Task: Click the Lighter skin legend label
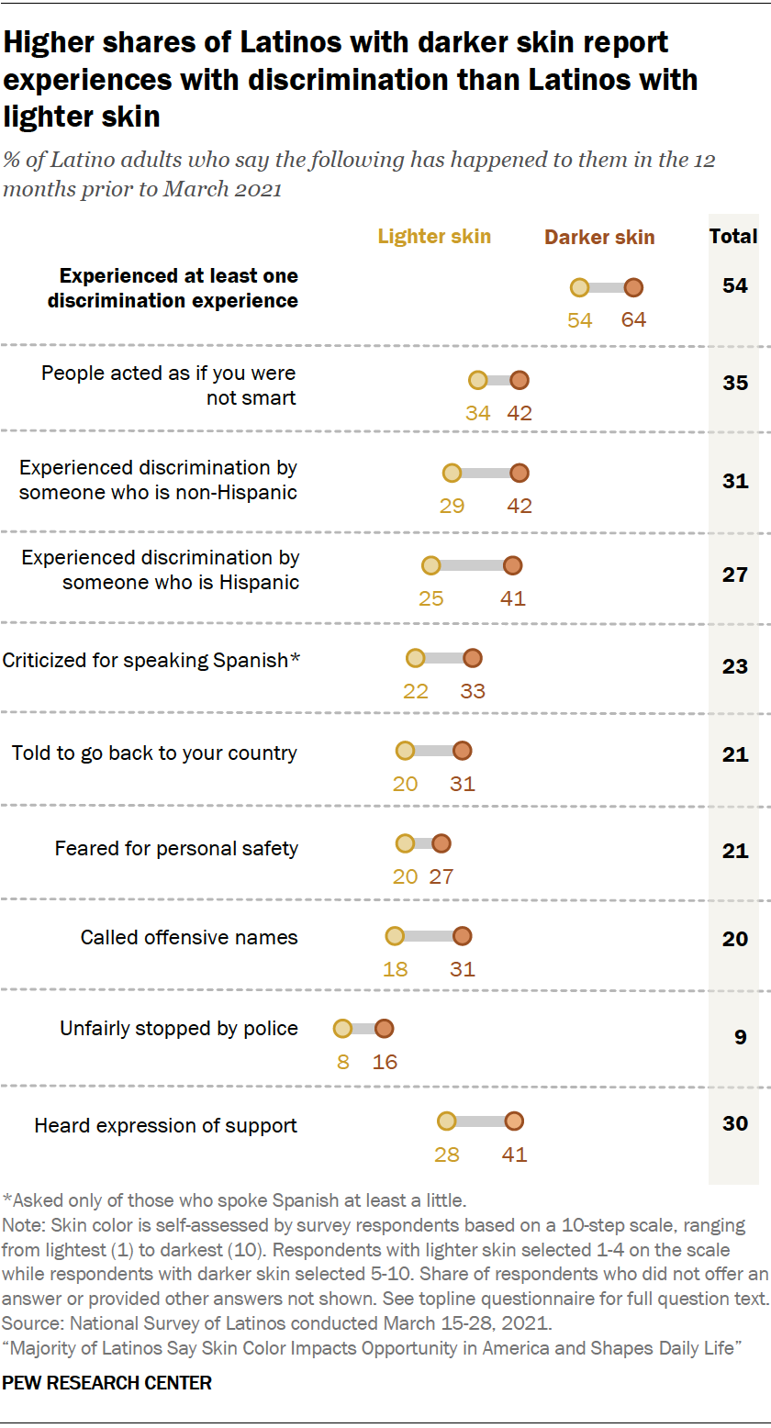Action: (x=434, y=237)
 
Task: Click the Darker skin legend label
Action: (x=599, y=238)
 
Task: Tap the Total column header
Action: (x=733, y=237)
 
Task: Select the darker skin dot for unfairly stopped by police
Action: (x=384, y=1030)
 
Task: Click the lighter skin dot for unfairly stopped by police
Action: (x=342, y=1030)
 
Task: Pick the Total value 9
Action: (x=734, y=1037)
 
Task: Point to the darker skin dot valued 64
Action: (x=633, y=288)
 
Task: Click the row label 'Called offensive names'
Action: (x=189, y=937)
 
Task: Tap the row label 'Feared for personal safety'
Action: (x=176, y=848)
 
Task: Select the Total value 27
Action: (x=734, y=575)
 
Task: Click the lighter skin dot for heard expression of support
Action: (x=446, y=1121)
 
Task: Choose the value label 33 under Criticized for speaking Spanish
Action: (x=472, y=691)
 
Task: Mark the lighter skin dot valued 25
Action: (x=430, y=565)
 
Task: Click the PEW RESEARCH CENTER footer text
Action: (x=107, y=1382)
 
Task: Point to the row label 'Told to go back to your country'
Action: (x=154, y=753)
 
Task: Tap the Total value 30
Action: (x=734, y=1123)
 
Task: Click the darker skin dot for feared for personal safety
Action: (x=441, y=843)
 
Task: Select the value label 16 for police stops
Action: (x=385, y=1062)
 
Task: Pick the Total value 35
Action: (x=734, y=383)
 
